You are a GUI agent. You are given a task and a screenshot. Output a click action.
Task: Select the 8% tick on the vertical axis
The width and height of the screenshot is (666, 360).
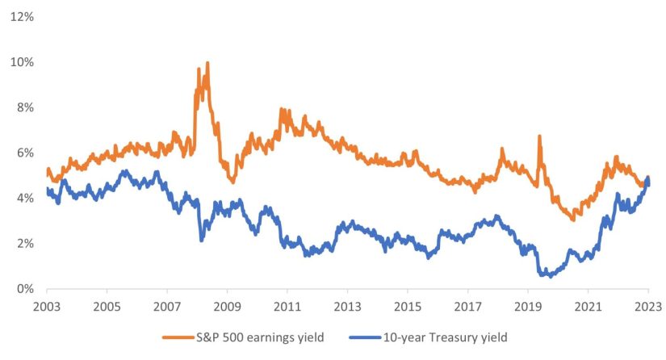coord(22,107)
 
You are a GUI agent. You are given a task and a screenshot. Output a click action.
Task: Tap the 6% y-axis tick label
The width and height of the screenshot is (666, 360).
coord(22,153)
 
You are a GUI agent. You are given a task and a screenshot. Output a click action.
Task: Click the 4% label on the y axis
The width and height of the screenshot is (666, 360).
coord(22,198)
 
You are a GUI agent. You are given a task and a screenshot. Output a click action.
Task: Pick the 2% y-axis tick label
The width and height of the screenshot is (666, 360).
coord(22,243)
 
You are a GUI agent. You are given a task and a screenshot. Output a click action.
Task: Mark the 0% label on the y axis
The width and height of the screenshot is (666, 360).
coord(22,289)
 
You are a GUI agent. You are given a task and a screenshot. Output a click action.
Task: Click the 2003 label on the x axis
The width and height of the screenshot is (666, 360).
coord(47,308)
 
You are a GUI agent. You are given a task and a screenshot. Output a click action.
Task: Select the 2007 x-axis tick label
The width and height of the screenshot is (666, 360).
coord(167,308)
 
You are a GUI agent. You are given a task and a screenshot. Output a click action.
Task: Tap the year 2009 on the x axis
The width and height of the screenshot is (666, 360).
coord(227,308)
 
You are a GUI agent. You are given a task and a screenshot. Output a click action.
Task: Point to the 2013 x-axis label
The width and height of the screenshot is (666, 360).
coord(347,308)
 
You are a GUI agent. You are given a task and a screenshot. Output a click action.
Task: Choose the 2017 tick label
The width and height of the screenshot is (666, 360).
coord(467,308)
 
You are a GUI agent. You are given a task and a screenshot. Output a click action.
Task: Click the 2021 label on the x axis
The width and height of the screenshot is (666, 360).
coord(588,308)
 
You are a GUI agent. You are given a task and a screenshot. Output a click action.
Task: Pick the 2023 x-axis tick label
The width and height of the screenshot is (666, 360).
coord(647,308)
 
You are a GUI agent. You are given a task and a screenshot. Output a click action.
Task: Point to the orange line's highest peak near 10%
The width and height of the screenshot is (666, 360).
coord(207,63)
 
